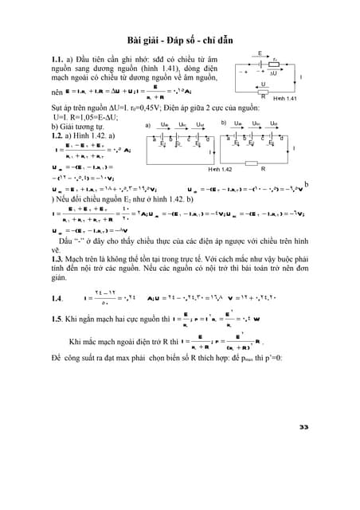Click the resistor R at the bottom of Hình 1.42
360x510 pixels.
(x=253, y=165)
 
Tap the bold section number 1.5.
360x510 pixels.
(x=56, y=320)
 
